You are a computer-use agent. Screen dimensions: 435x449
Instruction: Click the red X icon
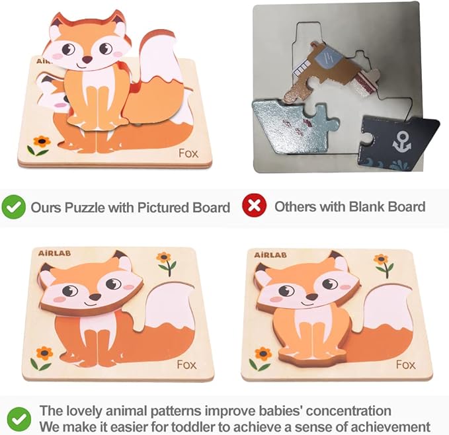(x=254, y=206)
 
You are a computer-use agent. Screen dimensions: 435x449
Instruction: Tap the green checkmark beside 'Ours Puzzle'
(x=14, y=207)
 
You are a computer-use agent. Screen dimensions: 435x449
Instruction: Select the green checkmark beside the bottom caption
(x=18, y=418)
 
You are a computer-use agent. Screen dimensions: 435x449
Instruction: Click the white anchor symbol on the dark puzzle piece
(x=401, y=141)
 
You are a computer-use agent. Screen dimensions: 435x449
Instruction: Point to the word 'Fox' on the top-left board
(x=188, y=153)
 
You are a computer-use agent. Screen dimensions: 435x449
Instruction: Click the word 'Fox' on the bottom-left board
(x=186, y=364)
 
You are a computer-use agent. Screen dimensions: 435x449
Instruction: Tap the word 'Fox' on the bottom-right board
(x=405, y=364)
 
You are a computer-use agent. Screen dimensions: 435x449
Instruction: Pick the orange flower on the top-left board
(x=41, y=141)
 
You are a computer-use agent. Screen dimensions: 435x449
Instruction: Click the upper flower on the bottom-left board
(x=164, y=257)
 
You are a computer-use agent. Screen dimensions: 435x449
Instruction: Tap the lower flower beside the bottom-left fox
(x=44, y=352)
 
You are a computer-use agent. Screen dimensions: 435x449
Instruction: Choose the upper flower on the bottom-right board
(x=381, y=259)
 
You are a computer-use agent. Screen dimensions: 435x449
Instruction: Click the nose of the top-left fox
(x=87, y=59)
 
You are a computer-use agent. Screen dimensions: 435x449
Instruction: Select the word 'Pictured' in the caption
(x=161, y=207)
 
